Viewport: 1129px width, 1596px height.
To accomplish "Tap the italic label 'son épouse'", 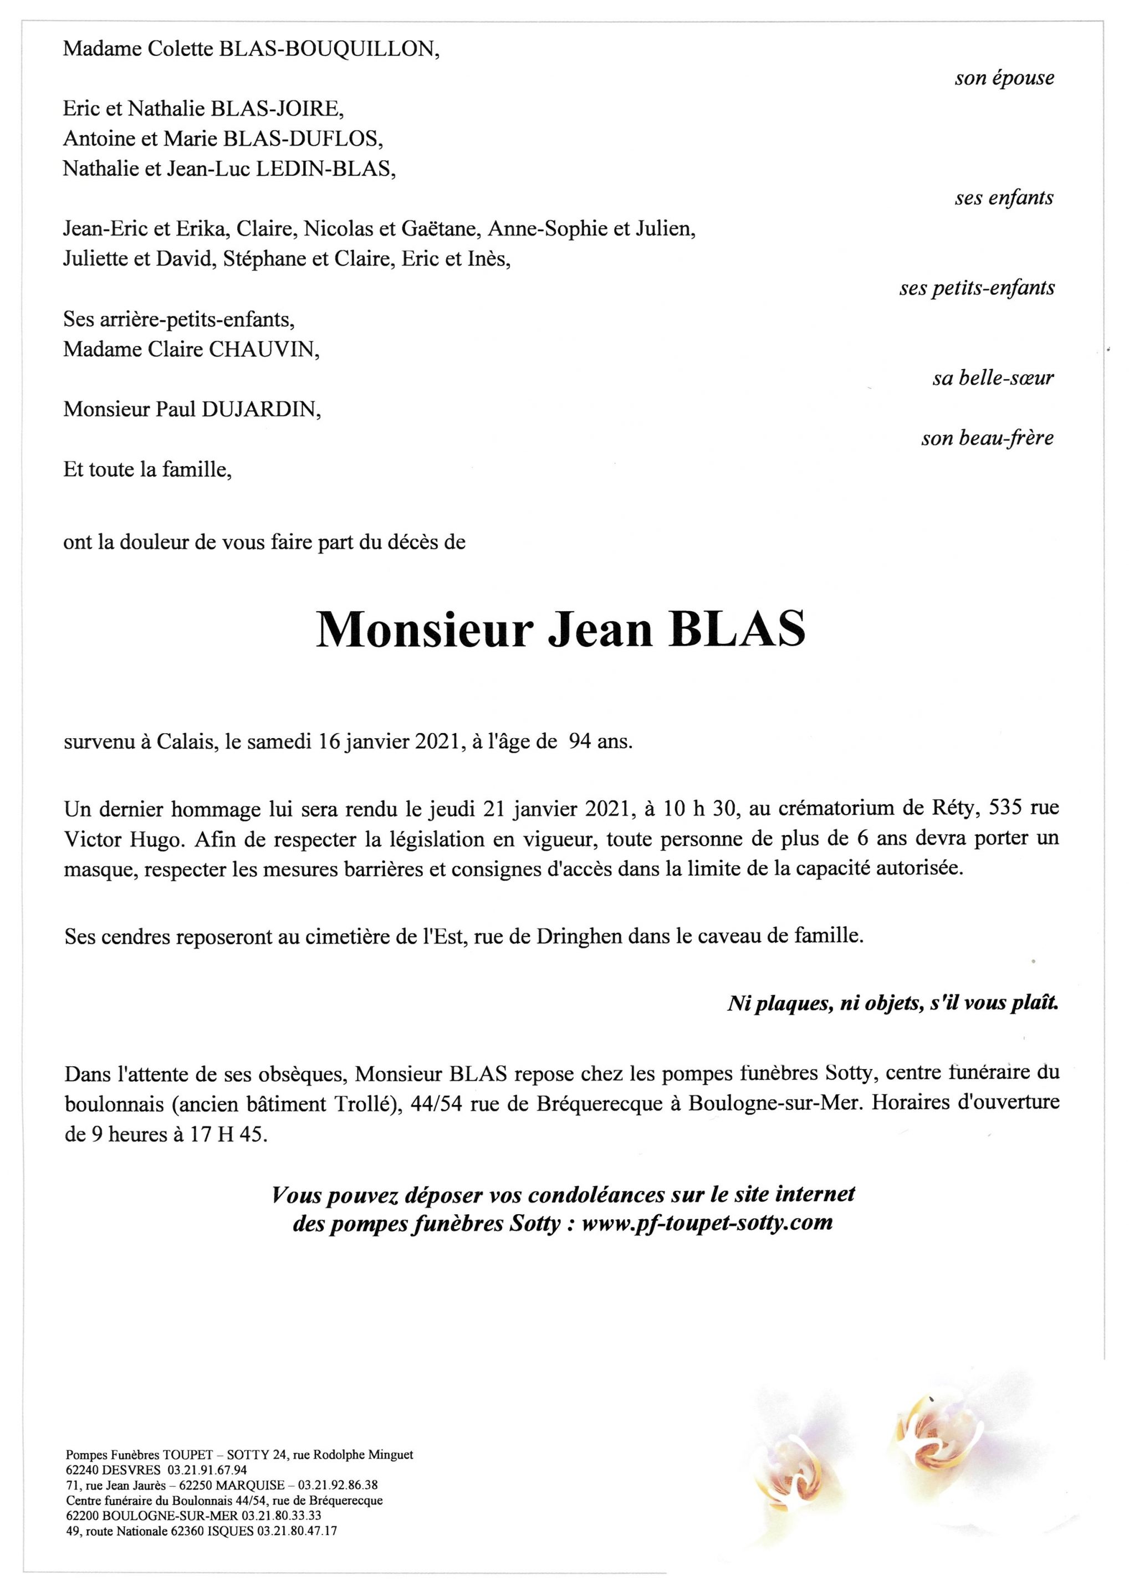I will tap(1004, 78).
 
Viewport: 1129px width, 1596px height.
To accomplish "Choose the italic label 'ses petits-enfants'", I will tap(976, 288).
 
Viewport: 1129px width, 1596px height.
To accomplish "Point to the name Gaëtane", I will tap(441, 229).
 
